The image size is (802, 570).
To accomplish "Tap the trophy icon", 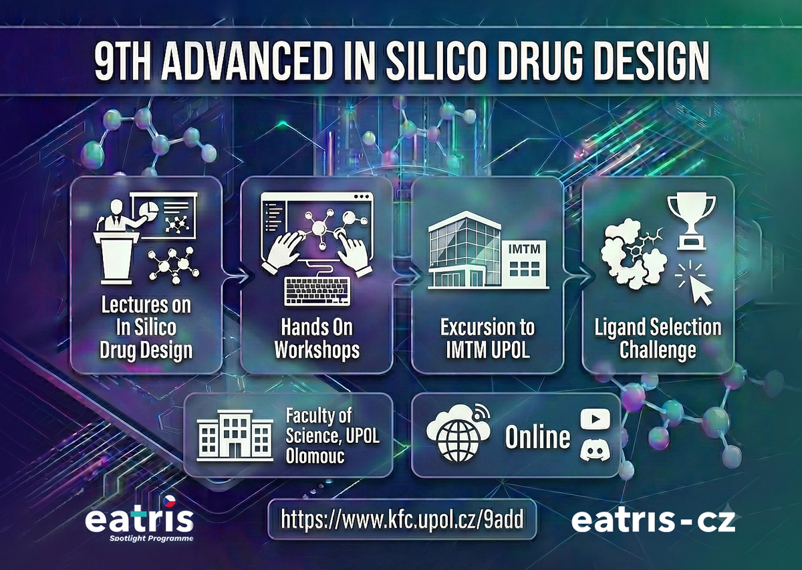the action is point(691,222).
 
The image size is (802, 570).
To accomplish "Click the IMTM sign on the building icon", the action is point(525,249).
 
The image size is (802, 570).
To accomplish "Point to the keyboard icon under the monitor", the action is point(317,291).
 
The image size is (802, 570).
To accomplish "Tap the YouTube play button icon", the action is point(595,419).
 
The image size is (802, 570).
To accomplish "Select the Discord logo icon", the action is point(595,450).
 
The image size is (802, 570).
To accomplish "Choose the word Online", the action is point(537,437).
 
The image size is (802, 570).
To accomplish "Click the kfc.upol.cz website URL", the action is point(402,519).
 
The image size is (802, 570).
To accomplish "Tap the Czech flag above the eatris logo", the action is point(169,501).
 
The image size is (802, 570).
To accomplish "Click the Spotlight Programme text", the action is point(152,538).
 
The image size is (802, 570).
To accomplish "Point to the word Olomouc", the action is point(315,456).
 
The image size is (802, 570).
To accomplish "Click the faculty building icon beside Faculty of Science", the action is point(235,436).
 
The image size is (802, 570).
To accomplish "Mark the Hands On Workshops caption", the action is point(317,339).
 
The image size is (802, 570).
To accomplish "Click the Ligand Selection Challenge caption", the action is point(658,339).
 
